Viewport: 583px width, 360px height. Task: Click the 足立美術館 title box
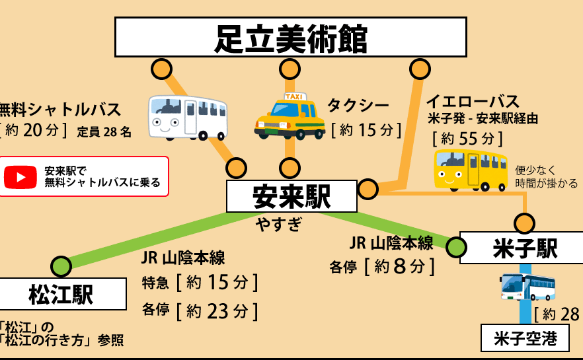coord(290,37)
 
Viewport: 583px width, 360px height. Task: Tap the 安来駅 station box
coord(292,196)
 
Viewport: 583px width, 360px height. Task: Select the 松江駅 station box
coord(61,294)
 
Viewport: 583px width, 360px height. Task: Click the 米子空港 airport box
coord(525,338)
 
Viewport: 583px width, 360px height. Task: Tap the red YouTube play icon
coord(20,177)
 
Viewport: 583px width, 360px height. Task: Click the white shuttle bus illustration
coord(188,118)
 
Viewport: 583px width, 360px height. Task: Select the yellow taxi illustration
coord(290,116)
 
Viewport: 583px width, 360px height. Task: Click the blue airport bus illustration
coord(527,287)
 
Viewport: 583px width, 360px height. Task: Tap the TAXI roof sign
coord(294,96)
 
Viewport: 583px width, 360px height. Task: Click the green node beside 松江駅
coord(61,266)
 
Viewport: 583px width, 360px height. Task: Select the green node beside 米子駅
coord(456,247)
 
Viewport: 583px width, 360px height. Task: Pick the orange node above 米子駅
coord(524,224)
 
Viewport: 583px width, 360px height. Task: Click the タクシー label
coord(358,106)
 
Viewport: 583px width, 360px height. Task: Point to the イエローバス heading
coord(472,102)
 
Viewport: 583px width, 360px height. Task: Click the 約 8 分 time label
coord(399,266)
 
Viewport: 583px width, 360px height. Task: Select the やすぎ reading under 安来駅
coord(278,225)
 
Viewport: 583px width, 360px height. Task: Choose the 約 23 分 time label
coord(217,311)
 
